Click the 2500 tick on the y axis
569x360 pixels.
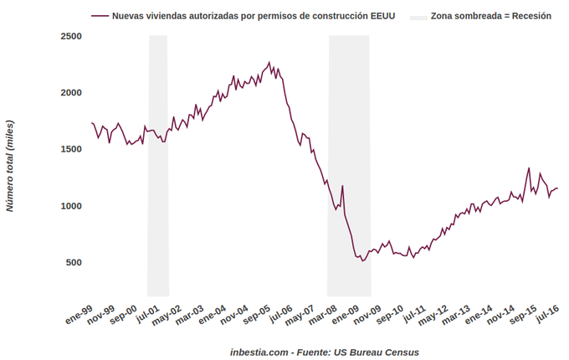click(70, 36)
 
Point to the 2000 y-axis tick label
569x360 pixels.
click(70, 93)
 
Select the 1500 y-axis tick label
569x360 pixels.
click(70, 149)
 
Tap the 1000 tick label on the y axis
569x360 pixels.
click(70, 206)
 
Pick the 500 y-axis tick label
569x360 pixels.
click(73, 262)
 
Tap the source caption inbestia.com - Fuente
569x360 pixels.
click(325, 352)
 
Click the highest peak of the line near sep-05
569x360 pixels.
click(269, 62)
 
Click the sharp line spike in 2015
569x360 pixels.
click(529, 167)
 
